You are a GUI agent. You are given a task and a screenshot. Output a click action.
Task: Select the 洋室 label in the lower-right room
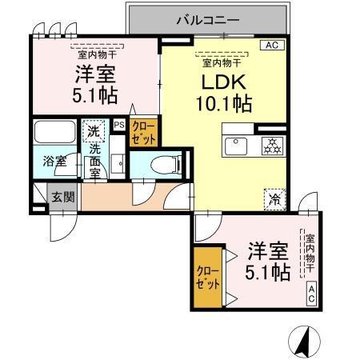pos(266,249)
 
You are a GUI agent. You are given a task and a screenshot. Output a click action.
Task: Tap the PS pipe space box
pos(119,125)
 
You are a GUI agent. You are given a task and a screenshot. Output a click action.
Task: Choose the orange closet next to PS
pos(144,131)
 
